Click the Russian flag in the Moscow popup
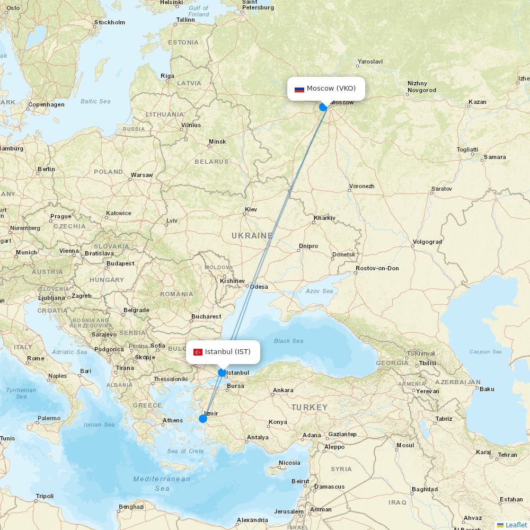299,89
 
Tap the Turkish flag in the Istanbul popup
198,352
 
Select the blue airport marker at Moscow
323,107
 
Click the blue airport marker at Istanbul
222,373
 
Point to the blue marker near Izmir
203,419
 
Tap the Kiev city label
251,210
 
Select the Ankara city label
283,391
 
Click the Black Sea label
289,341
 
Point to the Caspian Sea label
485,352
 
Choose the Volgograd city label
427,242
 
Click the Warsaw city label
142,175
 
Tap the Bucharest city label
206,317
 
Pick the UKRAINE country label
252,235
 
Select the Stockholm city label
110,23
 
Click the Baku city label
487,389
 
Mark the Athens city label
173,421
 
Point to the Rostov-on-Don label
377,269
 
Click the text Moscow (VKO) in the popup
331,88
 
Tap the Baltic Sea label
95,101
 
